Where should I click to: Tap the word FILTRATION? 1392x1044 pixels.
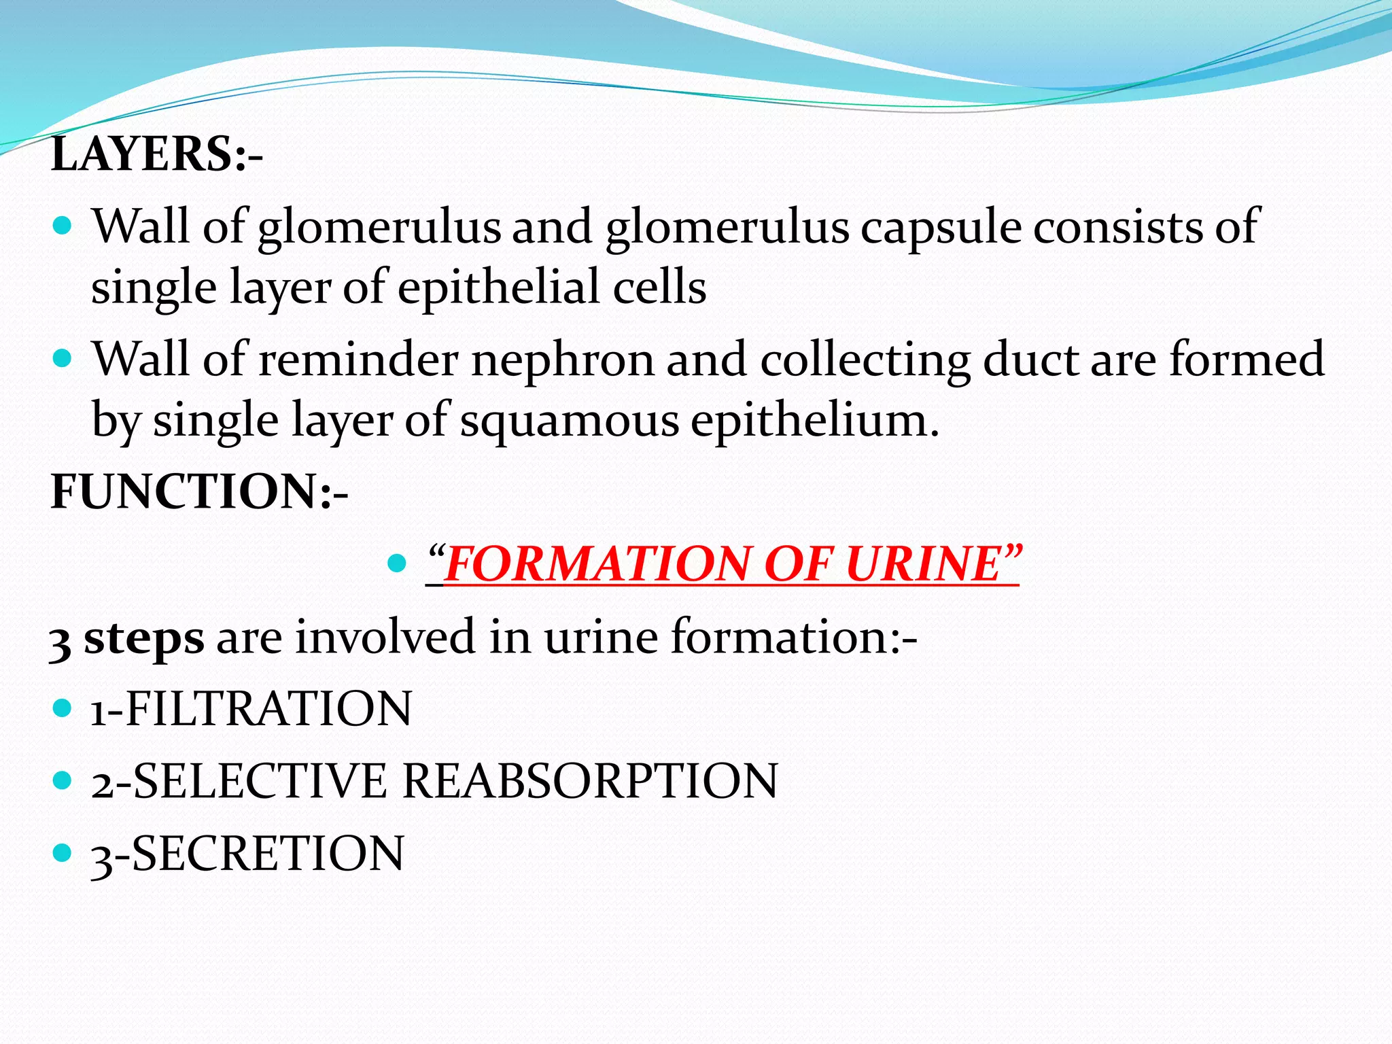[x=268, y=709]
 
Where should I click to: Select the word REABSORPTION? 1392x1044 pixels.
[x=590, y=781]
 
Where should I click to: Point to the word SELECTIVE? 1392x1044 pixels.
[x=260, y=781]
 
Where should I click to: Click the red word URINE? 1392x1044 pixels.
[x=924, y=564]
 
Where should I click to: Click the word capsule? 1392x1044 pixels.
[x=941, y=228]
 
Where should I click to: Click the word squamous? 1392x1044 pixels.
[x=570, y=421]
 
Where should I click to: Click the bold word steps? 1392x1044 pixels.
[x=143, y=638]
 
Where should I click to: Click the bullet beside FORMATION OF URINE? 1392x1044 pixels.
[x=397, y=563]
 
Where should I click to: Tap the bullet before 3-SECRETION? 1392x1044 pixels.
[x=62, y=852]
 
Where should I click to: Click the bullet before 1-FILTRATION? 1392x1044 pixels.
[x=62, y=708]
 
